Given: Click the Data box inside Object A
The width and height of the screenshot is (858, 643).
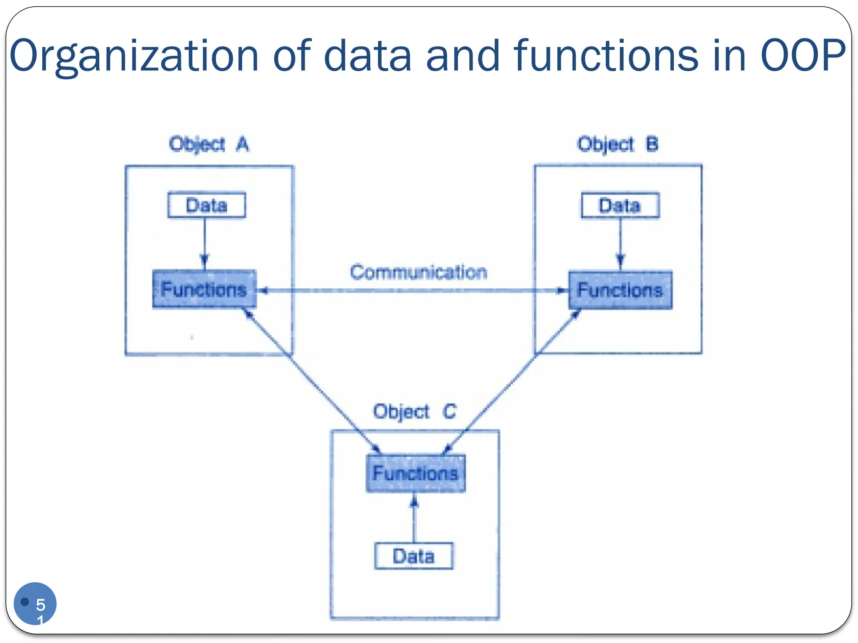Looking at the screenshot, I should point(207,205).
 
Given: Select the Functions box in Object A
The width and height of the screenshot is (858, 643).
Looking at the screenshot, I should point(204,289).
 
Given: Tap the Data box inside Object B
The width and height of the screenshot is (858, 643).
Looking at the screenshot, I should point(620,206).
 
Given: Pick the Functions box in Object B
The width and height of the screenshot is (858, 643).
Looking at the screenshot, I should point(620,290).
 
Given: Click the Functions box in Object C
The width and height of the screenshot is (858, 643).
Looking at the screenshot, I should point(416,473).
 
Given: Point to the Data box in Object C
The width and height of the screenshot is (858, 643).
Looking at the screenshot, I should point(413,556).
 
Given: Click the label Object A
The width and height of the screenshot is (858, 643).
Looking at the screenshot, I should point(209,144).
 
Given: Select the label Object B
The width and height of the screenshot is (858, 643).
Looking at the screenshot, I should point(618,144).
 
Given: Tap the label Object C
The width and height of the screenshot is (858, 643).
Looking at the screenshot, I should point(414,412).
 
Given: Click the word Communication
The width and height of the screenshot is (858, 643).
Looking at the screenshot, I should point(419,273).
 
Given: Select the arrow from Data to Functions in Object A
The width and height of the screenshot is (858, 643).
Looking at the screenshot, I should point(204,243).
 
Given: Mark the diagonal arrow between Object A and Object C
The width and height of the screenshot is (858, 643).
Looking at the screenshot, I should point(312,381).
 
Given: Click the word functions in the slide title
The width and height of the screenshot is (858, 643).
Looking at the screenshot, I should point(606,56).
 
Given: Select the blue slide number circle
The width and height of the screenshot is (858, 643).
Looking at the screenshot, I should point(35,603).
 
